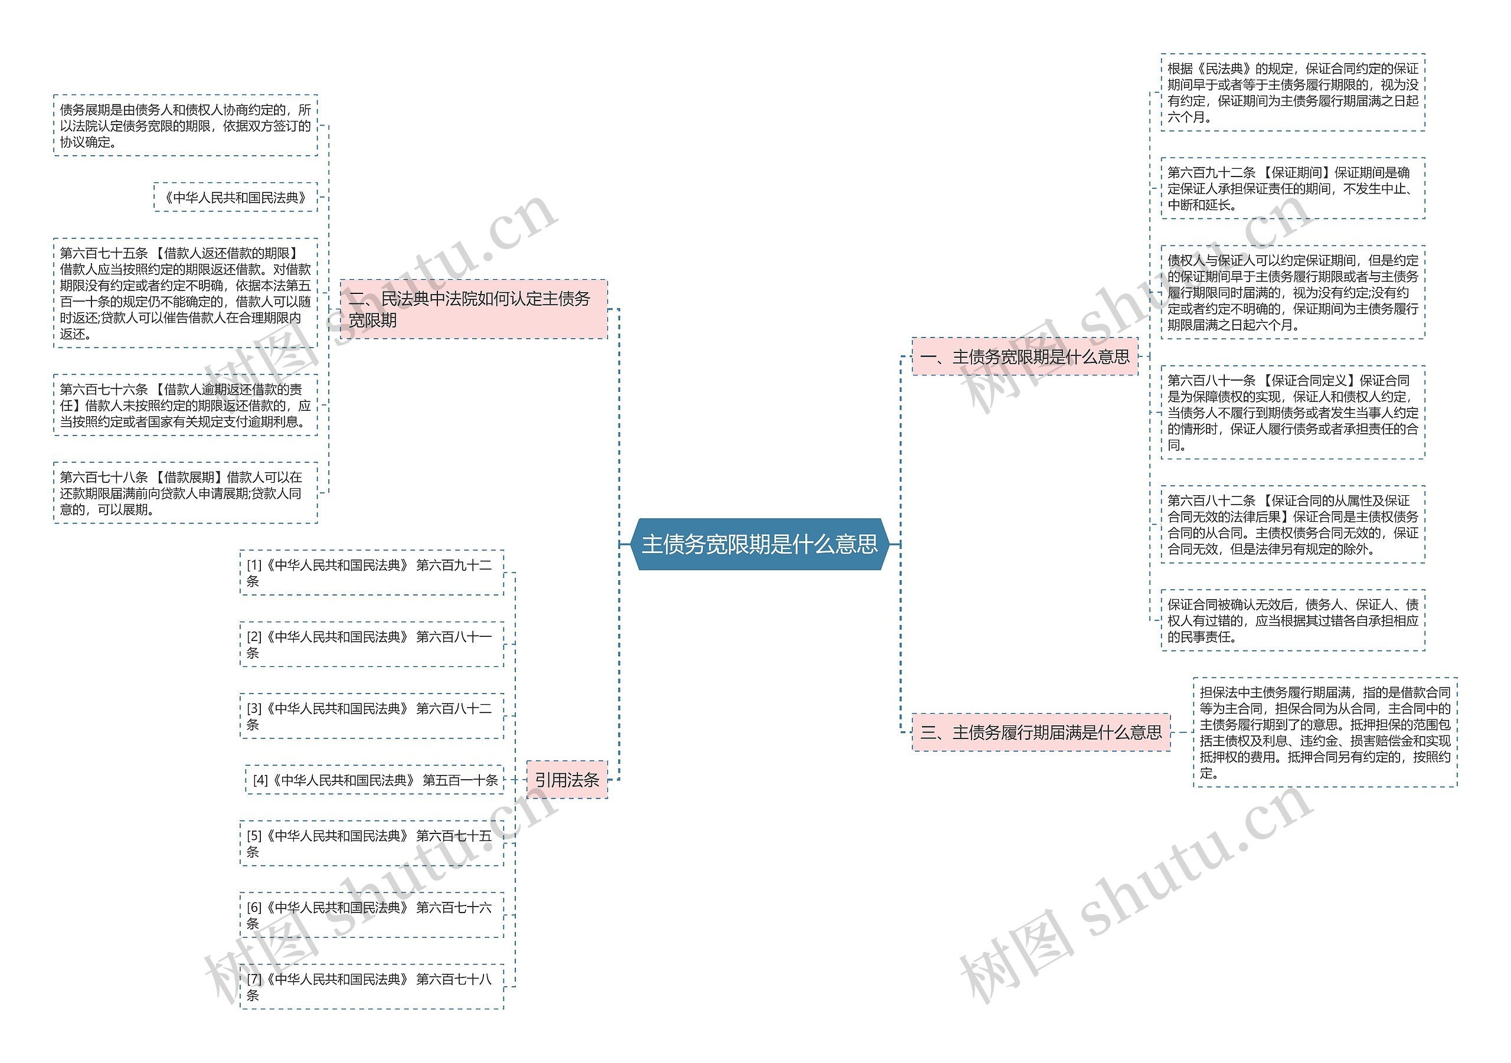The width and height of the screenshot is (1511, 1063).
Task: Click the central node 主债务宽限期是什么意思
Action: [x=760, y=544]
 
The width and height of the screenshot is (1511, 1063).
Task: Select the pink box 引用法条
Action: [x=567, y=780]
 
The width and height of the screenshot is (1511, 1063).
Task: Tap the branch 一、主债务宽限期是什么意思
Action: [x=1024, y=356]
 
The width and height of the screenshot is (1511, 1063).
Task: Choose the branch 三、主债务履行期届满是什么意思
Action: [x=1041, y=732]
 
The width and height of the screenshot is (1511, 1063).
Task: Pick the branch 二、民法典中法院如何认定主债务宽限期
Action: [x=473, y=309]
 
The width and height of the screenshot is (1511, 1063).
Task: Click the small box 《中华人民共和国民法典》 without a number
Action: [x=236, y=198]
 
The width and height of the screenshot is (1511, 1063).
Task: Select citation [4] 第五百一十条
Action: [x=374, y=780]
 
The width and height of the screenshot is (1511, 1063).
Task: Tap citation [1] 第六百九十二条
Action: [x=371, y=573]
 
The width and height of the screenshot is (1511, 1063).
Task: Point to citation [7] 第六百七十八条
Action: [x=371, y=987]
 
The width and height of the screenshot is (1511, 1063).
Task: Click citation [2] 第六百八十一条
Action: [x=371, y=645]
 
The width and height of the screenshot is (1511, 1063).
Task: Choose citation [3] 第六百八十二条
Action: [x=371, y=716]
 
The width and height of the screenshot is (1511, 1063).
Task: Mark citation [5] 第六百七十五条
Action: [x=371, y=843]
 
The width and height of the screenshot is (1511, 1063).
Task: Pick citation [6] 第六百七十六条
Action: [x=371, y=915]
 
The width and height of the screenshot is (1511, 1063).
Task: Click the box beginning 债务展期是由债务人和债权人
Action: [x=185, y=126]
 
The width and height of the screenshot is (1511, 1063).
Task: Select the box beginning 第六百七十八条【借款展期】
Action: [x=185, y=493]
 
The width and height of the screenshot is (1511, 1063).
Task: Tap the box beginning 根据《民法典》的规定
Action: [x=1293, y=93]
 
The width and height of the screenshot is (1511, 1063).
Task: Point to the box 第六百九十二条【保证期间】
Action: [x=1293, y=188]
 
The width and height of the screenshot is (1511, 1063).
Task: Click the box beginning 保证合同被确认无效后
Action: [x=1293, y=620]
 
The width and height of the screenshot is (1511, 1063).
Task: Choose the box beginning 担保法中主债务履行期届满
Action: [x=1324, y=732]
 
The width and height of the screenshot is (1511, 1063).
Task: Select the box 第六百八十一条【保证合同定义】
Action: [x=1293, y=412]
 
